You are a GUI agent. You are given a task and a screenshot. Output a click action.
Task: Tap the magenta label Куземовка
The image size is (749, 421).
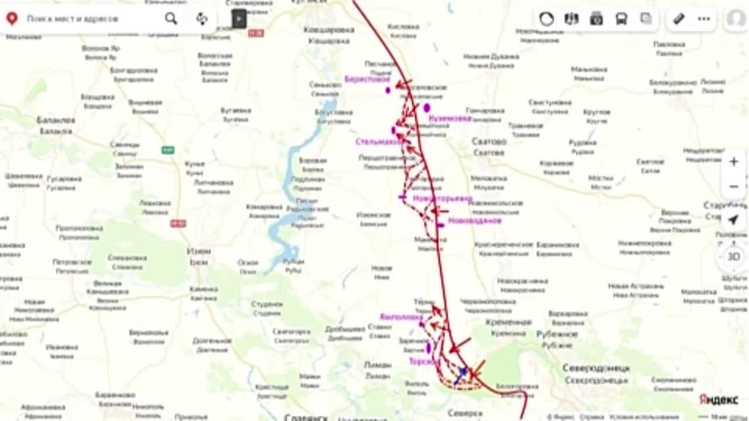[x=449, y=118]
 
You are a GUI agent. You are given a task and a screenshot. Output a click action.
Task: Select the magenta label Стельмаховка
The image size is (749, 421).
[x=379, y=141]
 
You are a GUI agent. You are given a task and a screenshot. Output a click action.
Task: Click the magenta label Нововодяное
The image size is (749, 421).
[x=474, y=221]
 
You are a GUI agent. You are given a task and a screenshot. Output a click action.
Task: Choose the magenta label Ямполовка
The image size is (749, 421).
[x=401, y=316]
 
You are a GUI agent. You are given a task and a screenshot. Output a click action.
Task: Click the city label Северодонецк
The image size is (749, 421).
[x=596, y=369]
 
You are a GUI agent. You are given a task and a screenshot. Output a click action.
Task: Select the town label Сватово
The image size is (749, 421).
[x=488, y=141]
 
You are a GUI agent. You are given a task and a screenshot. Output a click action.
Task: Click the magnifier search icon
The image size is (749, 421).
[x=172, y=19]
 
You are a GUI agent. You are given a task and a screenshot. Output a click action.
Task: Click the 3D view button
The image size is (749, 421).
[x=734, y=256]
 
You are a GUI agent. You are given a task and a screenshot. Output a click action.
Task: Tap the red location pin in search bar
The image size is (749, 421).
[x=11, y=19]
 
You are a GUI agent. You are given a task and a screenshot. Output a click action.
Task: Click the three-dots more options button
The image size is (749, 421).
[x=704, y=19]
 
